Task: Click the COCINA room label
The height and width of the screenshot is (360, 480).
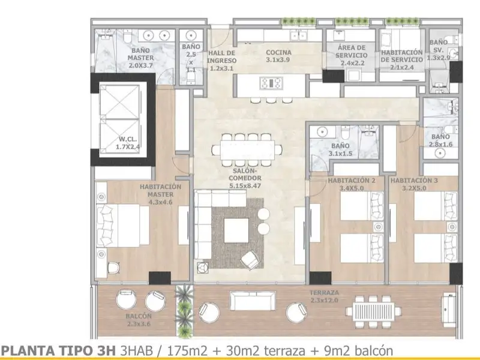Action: pyautogui.click(x=278, y=53)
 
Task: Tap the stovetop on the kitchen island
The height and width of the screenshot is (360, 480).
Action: pyautogui.click(x=271, y=83)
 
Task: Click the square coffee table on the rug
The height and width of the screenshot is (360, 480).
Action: pyautogui.click(x=236, y=230)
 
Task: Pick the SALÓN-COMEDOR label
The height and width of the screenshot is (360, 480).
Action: pyautogui.click(x=245, y=174)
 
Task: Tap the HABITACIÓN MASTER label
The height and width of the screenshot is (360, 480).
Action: pyautogui.click(x=160, y=190)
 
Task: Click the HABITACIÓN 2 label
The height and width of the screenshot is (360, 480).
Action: pyautogui.click(x=352, y=181)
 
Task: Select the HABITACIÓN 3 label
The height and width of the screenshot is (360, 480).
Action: pyautogui.click(x=414, y=181)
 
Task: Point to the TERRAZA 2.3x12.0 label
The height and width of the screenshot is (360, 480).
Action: pyautogui.click(x=324, y=296)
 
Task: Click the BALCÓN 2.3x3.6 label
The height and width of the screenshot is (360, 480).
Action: pyautogui.click(x=139, y=320)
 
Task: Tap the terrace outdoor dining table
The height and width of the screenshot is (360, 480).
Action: pyautogui.click(x=373, y=311)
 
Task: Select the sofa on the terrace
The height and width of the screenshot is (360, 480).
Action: pyautogui.click(x=253, y=301)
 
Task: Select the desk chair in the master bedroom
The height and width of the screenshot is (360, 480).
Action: pyautogui.click(x=113, y=268)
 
